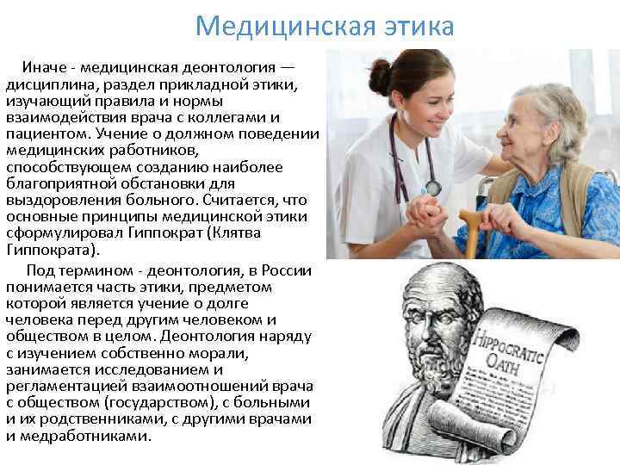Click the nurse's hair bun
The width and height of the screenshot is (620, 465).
pyautogui.click(x=380, y=77)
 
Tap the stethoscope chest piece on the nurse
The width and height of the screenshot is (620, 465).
pyautogui.click(x=431, y=187)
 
